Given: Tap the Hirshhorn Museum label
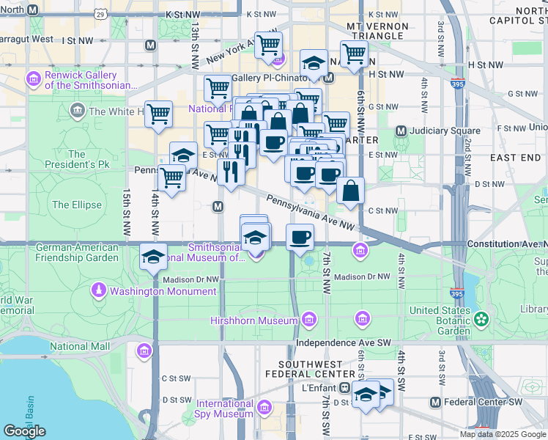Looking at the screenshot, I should [x=253, y=320].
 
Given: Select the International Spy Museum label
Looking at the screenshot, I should [x=224, y=408].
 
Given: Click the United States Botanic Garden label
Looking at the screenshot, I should [x=440, y=320].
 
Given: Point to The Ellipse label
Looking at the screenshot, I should [x=76, y=205].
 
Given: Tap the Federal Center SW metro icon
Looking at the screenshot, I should [x=436, y=402].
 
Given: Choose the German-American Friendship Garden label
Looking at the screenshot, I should [x=77, y=253].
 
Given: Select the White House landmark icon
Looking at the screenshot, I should [x=77, y=111].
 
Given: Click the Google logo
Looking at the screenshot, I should [x=24, y=431].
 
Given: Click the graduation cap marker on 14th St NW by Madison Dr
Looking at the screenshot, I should [x=153, y=257].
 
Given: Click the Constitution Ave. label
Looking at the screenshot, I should [x=506, y=243].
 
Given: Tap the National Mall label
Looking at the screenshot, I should [x=80, y=346].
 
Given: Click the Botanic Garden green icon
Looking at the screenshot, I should [x=481, y=319].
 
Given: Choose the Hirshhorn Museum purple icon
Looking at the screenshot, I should [x=309, y=320].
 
